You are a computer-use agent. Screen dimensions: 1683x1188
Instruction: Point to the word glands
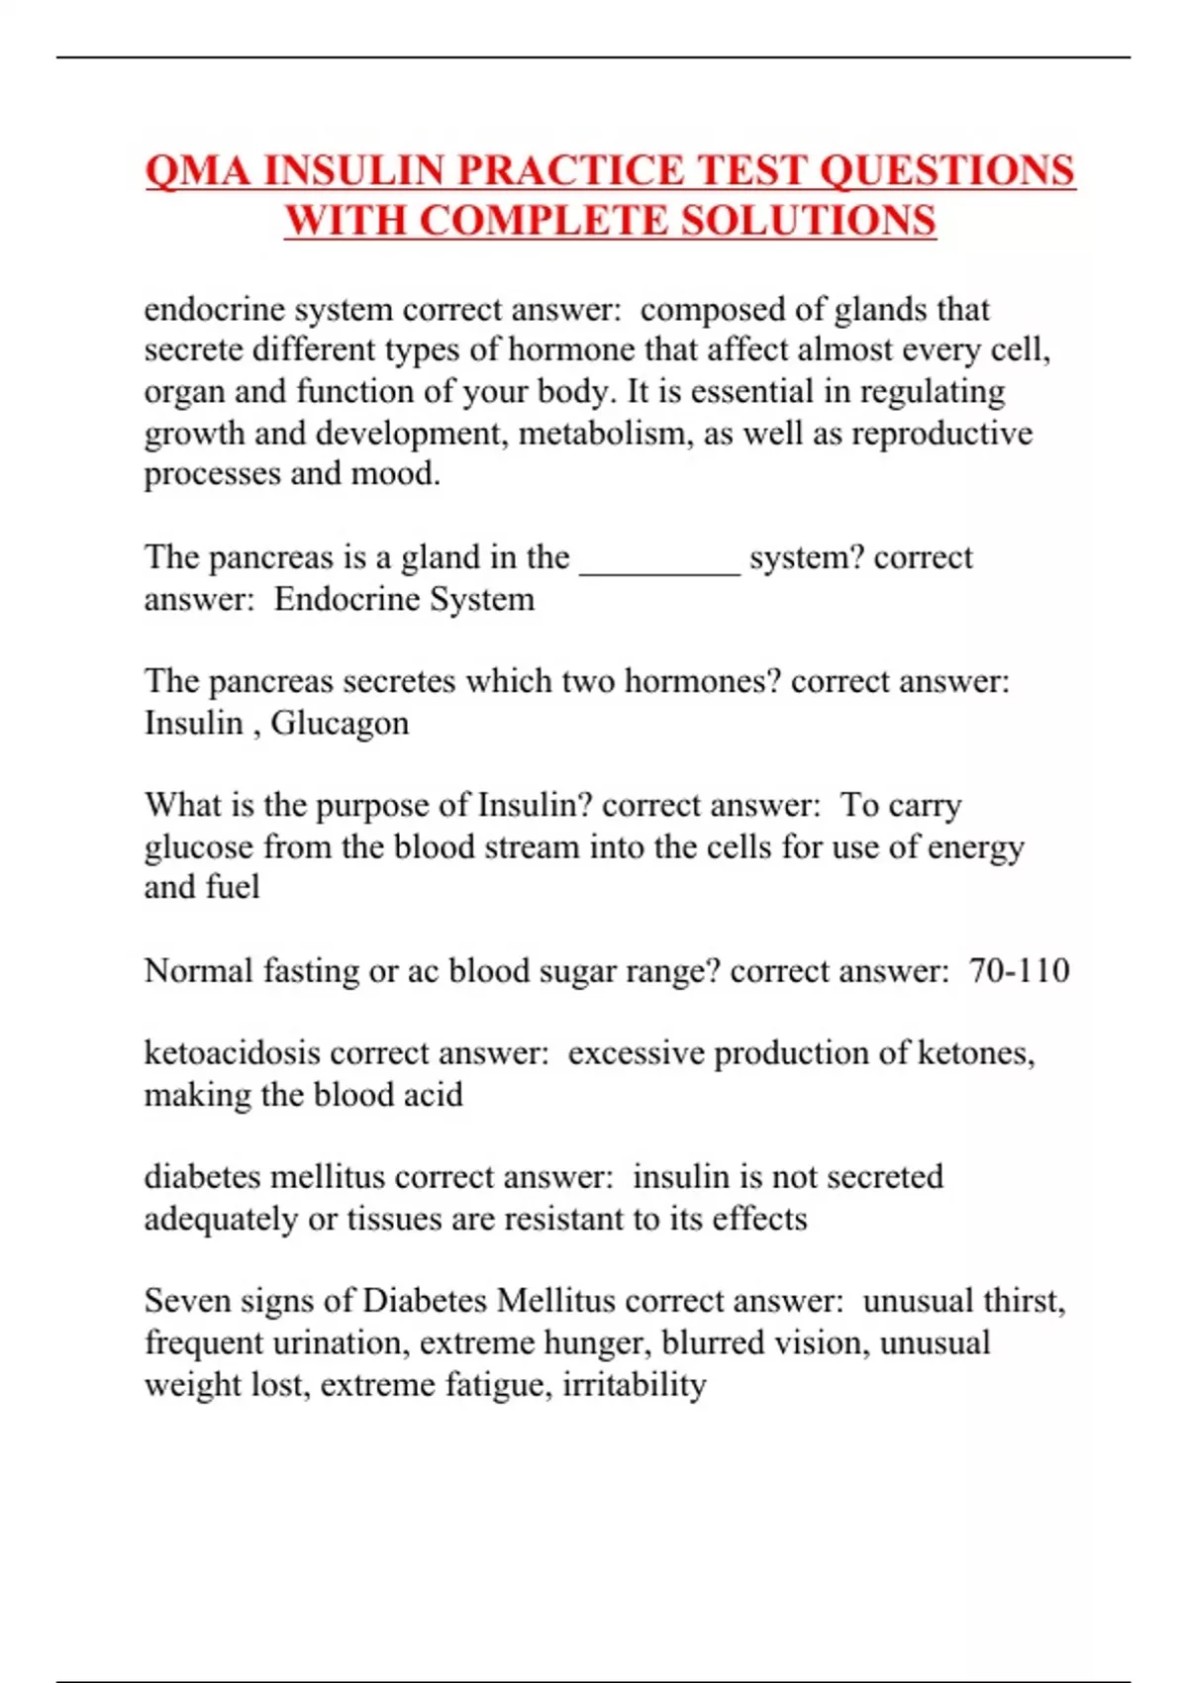[880, 310]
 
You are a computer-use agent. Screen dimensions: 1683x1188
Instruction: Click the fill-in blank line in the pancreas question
[659, 564]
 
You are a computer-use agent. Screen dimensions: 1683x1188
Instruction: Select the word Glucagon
[340, 723]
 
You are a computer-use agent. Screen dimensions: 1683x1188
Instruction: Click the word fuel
[236, 887]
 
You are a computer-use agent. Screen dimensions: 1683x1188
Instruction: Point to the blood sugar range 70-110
[1019, 970]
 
